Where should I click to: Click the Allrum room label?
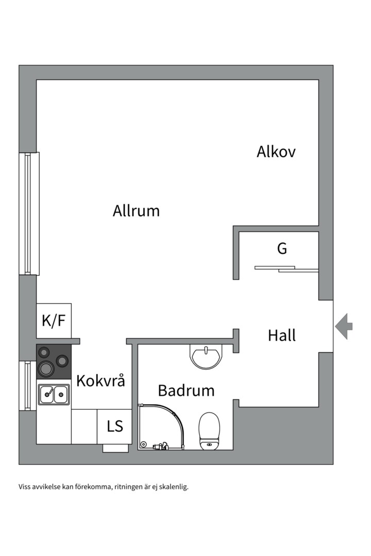tap(136, 211)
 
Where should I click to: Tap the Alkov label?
tap(276, 152)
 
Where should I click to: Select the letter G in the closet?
tap(282, 249)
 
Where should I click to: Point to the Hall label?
tap(282, 336)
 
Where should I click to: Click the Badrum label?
tap(186, 391)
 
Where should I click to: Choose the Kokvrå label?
tap(101, 381)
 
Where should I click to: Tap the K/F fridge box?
tap(54, 321)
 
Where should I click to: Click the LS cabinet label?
tap(115, 426)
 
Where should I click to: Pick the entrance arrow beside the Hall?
tap(344, 326)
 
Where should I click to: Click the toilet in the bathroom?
tap(209, 430)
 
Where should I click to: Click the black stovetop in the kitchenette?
tap(54, 361)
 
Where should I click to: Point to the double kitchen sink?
tap(54, 394)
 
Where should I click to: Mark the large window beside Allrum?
tap(29, 213)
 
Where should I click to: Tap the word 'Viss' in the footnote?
tap(25, 486)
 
